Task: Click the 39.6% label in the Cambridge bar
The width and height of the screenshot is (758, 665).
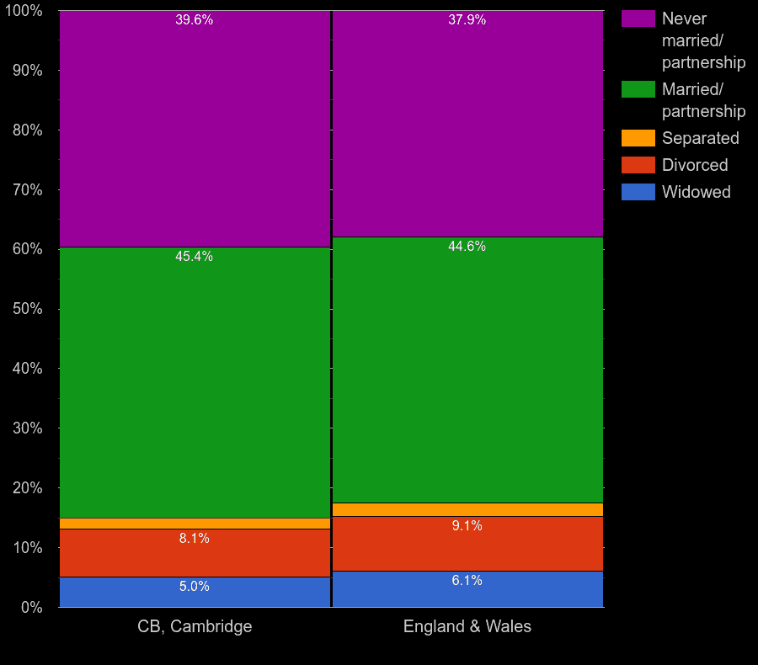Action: coord(194,20)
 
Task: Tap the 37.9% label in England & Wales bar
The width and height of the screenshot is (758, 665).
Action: coord(467,20)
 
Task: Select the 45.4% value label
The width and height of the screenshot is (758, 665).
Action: coord(194,257)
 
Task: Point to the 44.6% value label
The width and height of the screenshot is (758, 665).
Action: coord(467,247)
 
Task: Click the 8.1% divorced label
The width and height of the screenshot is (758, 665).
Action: coord(194,539)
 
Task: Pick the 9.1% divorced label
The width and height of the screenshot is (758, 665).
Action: coord(467,526)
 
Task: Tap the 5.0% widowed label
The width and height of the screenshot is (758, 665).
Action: coord(194,587)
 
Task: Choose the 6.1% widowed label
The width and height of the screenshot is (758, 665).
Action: coord(467,581)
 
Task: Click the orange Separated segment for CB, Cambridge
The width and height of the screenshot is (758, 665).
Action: coord(195,524)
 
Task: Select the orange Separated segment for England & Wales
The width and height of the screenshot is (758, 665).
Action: coord(467,509)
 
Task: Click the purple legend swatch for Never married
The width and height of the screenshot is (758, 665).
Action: coord(638,19)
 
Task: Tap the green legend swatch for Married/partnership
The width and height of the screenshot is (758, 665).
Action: coord(638,89)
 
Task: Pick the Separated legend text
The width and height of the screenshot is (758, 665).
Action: coord(700,138)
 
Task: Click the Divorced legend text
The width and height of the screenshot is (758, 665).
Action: coord(695,165)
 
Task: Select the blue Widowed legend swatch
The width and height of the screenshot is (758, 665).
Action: coord(638,192)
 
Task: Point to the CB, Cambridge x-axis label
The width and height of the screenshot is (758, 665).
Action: coord(195,626)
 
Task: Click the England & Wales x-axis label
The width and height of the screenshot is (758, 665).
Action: coord(467,626)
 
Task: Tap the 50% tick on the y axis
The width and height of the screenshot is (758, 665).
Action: coord(27,309)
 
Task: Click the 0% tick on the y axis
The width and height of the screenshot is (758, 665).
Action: coord(31,607)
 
